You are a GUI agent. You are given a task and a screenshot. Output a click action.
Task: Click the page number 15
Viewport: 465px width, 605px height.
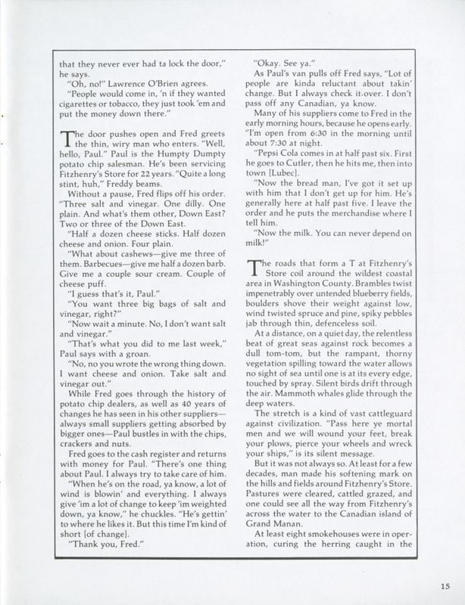point(443,582)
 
